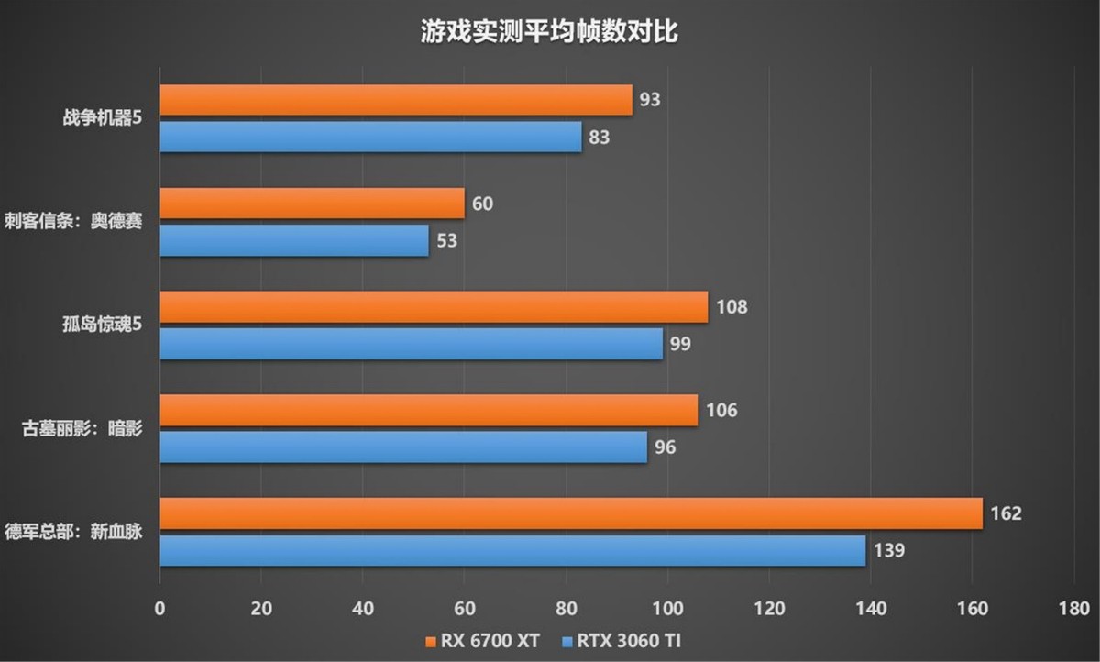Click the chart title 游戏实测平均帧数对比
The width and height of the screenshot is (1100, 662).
point(549,34)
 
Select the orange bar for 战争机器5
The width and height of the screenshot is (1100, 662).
point(396,100)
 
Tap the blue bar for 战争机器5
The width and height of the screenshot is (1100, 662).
point(370,138)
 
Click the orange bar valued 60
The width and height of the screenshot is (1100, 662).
point(312,204)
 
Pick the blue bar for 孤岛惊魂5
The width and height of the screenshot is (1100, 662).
point(411,344)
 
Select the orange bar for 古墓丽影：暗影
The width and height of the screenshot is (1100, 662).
point(428,410)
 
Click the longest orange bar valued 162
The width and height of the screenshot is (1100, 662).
point(570,513)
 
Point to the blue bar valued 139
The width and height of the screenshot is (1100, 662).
point(512,551)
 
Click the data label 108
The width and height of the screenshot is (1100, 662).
point(731,307)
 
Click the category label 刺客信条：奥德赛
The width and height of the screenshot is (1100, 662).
point(72,222)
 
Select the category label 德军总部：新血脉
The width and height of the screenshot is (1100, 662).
point(72,532)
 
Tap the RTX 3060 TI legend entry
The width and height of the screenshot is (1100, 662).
point(622,640)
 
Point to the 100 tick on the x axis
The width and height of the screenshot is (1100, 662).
point(667,608)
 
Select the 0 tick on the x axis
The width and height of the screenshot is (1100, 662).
point(160,608)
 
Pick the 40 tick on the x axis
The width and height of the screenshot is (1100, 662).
point(363,608)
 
